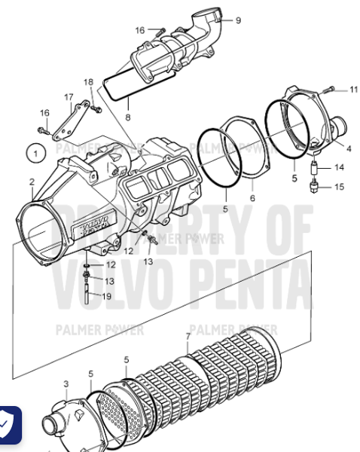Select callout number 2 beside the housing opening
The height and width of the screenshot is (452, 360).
click(x=32, y=182)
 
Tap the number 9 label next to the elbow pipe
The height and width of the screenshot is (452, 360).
click(x=238, y=20)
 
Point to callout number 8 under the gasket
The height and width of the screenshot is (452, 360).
click(x=127, y=118)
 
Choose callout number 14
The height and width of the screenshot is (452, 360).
click(x=339, y=167)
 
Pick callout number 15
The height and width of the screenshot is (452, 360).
click(x=339, y=186)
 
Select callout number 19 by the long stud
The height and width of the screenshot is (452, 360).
click(x=106, y=296)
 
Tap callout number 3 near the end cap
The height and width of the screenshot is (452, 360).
click(x=66, y=384)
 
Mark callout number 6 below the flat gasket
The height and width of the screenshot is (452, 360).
click(x=252, y=198)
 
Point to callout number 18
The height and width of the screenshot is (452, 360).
click(x=88, y=81)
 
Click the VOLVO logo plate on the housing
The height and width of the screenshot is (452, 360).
click(x=94, y=223)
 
